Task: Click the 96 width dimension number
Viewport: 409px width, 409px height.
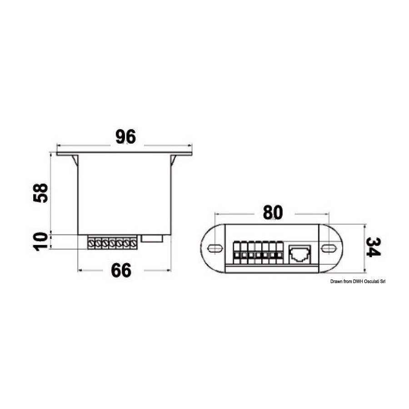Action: click(x=126, y=136)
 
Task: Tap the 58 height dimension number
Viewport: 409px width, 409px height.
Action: click(x=41, y=193)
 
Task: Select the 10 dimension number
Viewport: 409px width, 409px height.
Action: click(x=41, y=242)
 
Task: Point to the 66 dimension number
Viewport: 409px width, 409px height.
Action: click(x=121, y=270)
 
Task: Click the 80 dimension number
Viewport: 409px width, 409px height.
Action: click(x=273, y=212)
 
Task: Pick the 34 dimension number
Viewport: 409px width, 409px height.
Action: click(x=373, y=247)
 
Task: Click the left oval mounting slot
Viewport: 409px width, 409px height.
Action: click(x=215, y=248)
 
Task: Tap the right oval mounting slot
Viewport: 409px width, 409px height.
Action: click(x=329, y=248)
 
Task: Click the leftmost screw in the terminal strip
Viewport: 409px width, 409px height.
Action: click(x=91, y=244)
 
